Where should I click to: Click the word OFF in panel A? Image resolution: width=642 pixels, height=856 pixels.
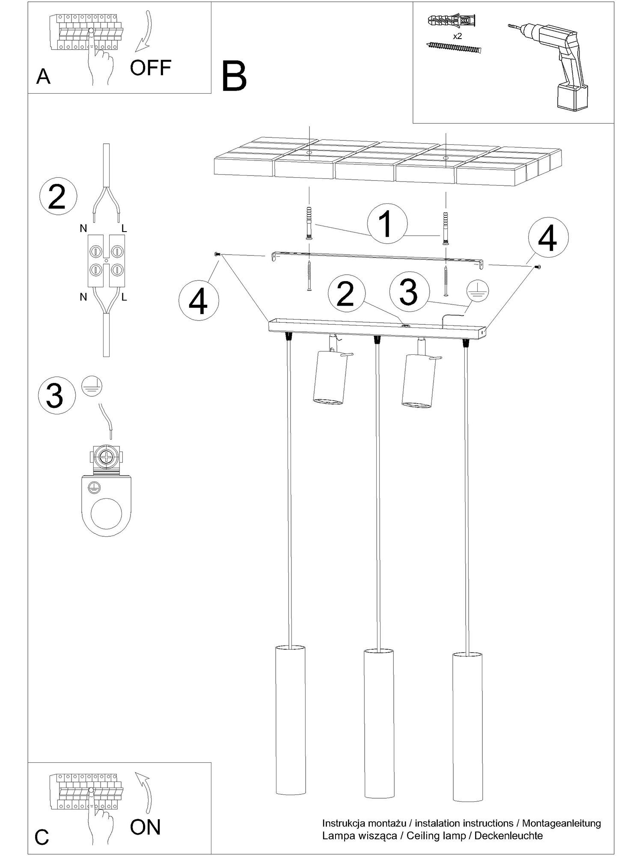point(151,68)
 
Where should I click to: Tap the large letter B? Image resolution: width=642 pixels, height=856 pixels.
point(235,76)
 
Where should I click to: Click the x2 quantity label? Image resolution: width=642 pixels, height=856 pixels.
point(458,36)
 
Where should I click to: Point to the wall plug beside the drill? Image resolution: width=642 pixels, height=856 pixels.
point(452,20)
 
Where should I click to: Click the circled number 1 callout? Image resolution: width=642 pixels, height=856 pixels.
point(387,224)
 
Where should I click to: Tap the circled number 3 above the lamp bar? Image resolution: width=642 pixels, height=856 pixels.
point(409,291)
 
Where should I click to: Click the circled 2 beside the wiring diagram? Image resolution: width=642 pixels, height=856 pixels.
point(58,198)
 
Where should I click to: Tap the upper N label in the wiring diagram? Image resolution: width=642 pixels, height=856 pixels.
point(83,229)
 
